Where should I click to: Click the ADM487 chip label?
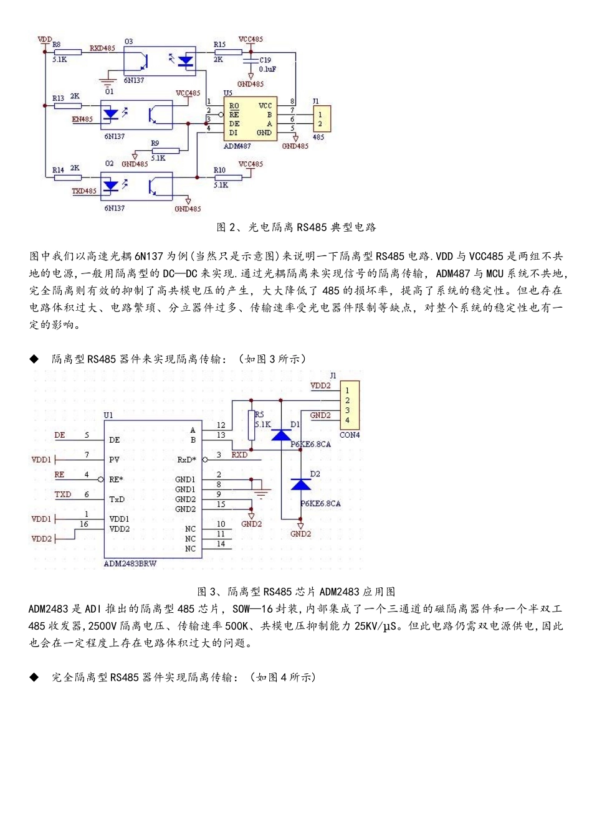click(237, 146)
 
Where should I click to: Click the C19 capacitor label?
click(265, 60)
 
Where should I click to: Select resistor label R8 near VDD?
click(57, 45)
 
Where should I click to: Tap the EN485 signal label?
click(82, 119)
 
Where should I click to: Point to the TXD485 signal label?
click(84, 191)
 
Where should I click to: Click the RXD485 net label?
click(102, 48)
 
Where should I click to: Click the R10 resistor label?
click(219, 170)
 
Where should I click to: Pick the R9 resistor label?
click(155, 143)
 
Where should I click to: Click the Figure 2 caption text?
click(296, 227)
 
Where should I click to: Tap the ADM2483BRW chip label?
click(130, 564)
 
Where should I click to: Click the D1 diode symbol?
click(281, 434)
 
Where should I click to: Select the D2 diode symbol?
click(301, 484)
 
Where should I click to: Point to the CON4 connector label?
click(349, 435)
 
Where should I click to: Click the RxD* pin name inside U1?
click(186, 460)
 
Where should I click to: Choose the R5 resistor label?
click(259, 414)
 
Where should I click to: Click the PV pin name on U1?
click(114, 460)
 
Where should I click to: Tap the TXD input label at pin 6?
click(63, 494)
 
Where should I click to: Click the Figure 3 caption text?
click(296, 592)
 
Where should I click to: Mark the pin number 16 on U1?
click(84, 524)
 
